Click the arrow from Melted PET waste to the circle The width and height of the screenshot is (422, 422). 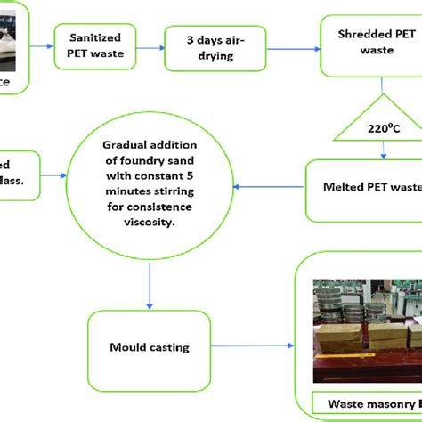click(x=267, y=186)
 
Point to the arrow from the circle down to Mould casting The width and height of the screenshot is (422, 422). click(x=148, y=284)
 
